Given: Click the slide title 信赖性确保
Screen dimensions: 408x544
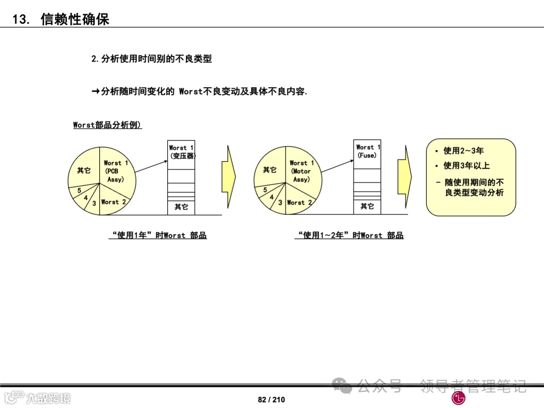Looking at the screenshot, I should (x=75, y=19).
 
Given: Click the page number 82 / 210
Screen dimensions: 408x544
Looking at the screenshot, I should (x=271, y=399).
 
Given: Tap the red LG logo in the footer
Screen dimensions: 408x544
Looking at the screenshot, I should (x=458, y=398).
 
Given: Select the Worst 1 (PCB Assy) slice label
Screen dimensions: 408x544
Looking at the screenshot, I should (x=116, y=171).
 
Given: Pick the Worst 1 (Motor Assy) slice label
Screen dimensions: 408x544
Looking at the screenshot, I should (x=301, y=171).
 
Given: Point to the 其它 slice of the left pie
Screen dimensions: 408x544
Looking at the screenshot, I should (x=84, y=171).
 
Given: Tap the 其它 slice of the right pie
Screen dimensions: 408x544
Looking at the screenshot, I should (x=269, y=170).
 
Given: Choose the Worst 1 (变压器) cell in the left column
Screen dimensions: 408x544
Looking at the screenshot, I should (x=181, y=152).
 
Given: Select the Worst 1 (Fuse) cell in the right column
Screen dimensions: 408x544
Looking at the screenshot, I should (x=367, y=151).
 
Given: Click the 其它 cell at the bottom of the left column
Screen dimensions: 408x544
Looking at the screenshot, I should (x=181, y=207).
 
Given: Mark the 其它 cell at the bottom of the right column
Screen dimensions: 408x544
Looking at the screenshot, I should (x=367, y=207).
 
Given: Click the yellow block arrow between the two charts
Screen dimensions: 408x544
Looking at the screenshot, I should (x=229, y=177).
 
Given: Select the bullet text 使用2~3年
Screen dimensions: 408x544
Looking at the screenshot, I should (x=463, y=151).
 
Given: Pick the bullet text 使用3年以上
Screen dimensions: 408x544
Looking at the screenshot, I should (x=466, y=166).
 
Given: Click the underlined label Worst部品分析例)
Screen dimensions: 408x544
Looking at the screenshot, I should (x=107, y=125).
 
